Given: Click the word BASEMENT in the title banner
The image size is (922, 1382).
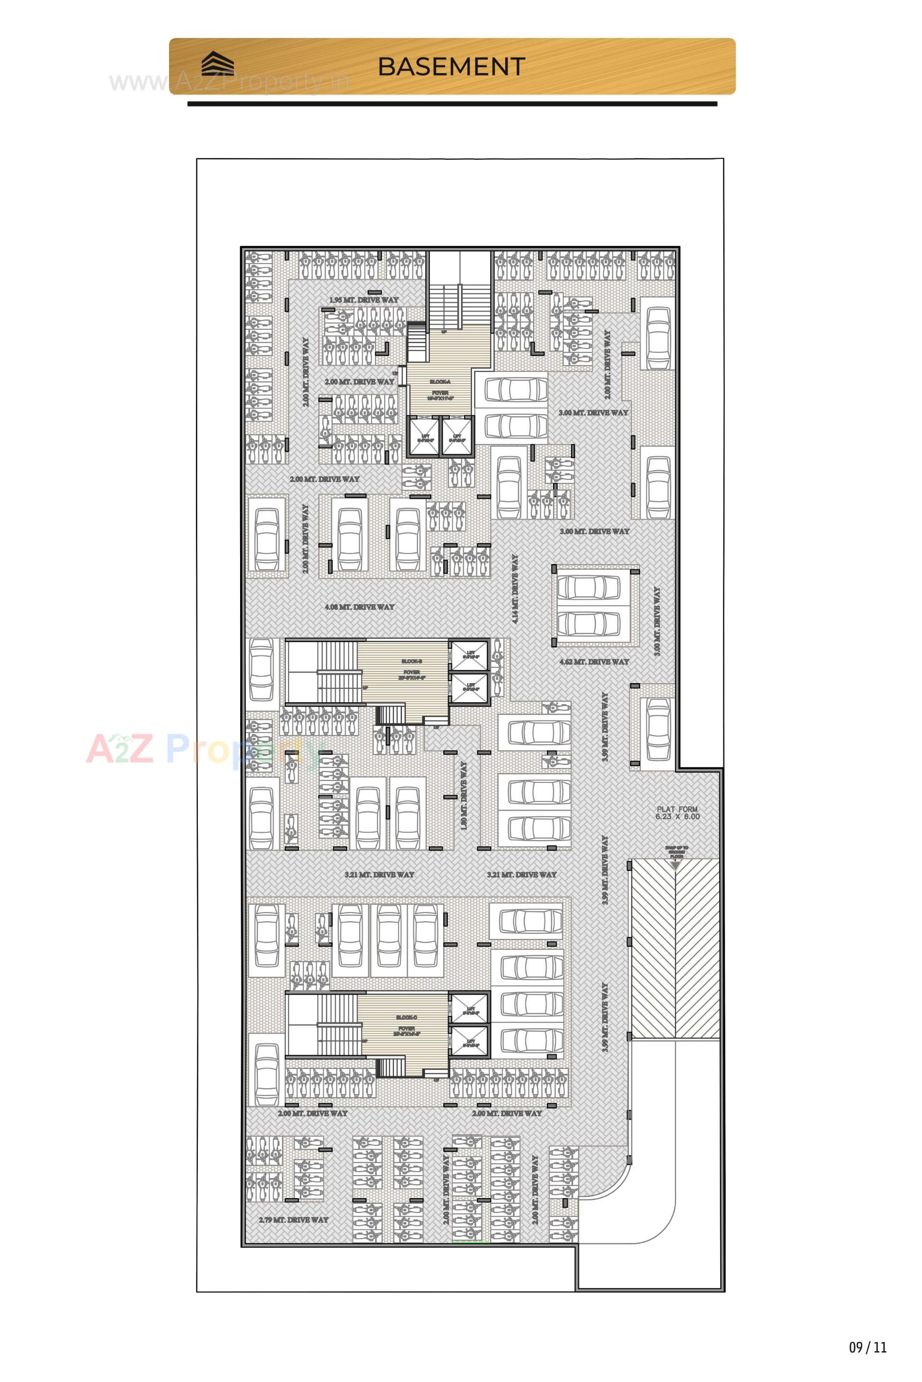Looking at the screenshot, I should coord(451,66).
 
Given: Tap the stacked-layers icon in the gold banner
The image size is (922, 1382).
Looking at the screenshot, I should coord(218,63).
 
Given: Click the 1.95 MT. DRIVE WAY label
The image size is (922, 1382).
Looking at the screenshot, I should coord(364,300).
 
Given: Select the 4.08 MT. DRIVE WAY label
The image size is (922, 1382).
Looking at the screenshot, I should coord(359,607).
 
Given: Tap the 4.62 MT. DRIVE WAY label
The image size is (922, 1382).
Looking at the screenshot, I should coord(594,662).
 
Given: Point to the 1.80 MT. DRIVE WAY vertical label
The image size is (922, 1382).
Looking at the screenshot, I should coord(463,795).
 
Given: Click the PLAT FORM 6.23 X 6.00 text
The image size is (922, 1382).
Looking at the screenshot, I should coord(678,813).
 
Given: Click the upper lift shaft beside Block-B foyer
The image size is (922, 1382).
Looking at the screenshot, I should coord(469,654).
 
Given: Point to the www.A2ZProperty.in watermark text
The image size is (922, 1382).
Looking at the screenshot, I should coord(230,82).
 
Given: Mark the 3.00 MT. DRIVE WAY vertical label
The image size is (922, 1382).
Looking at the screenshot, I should coord(657,621).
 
